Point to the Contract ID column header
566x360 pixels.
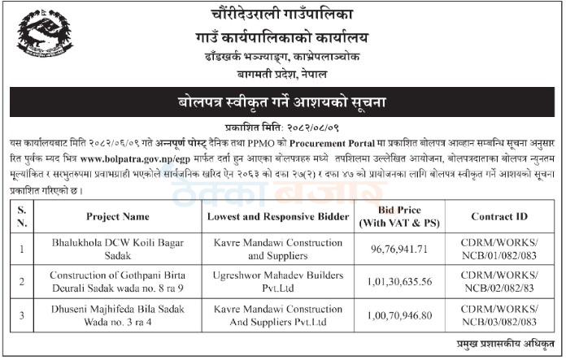pos(500,218)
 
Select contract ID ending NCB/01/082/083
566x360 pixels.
pos(500,251)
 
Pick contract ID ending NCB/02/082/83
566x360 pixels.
pos(500,282)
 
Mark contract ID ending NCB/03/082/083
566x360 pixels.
pos(500,313)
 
